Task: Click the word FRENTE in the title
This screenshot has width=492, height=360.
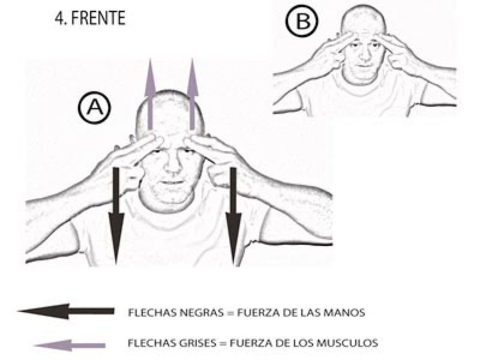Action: (98, 18)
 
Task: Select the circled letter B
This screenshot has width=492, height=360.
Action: (302, 21)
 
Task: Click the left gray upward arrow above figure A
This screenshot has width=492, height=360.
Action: (150, 94)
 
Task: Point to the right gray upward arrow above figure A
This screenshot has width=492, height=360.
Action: (192, 94)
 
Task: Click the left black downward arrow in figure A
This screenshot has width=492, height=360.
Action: (116, 217)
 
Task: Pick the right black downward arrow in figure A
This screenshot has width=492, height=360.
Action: (233, 217)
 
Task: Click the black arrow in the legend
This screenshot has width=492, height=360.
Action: (66, 311)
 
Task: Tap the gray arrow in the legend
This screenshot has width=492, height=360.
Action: (69, 346)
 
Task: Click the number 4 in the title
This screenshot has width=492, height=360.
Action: (58, 18)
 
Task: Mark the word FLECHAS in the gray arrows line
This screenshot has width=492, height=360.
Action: (151, 342)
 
